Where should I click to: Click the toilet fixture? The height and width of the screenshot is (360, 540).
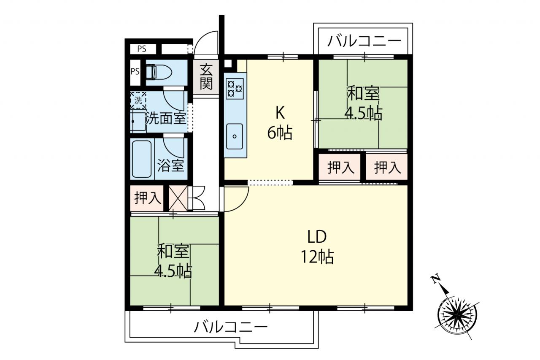(x=159, y=72)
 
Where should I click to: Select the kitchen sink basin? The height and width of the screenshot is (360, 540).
(x=234, y=136)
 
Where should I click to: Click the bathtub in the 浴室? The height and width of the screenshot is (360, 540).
(x=142, y=159)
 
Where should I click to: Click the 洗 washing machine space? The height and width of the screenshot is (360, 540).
(x=138, y=100)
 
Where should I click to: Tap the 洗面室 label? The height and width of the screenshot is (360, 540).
(x=166, y=118)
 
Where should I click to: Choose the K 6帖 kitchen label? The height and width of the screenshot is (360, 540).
(x=280, y=123)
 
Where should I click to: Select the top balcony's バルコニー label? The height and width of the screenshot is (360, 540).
(x=364, y=41)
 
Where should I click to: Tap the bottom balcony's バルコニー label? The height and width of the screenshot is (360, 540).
(x=231, y=327)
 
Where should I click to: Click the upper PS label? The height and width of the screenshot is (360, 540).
(x=142, y=49)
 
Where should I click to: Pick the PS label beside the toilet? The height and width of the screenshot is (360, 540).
(x=135, y=71)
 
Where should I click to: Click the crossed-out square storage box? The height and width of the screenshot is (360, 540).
(x=178, y=198)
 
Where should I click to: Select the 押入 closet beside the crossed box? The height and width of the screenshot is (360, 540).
(x=147, y=198)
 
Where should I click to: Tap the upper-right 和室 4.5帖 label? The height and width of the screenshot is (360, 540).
(x=364, y=103)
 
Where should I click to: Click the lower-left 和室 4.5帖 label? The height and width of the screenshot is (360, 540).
(x=173, y=261)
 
